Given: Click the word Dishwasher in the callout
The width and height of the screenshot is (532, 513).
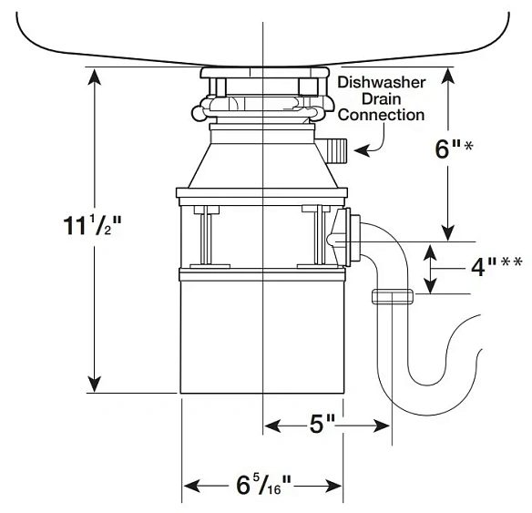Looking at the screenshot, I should [382, 83].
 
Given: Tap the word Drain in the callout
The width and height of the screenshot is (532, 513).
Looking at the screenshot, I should [382, 99].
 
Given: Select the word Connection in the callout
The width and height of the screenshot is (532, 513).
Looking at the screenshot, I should [382, 116].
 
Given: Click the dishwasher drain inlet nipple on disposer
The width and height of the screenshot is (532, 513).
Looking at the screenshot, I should [335, 147].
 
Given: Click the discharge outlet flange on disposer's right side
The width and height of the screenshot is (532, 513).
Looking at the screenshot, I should [342, 235].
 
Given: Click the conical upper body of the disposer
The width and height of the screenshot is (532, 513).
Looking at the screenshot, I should [261, 164].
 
